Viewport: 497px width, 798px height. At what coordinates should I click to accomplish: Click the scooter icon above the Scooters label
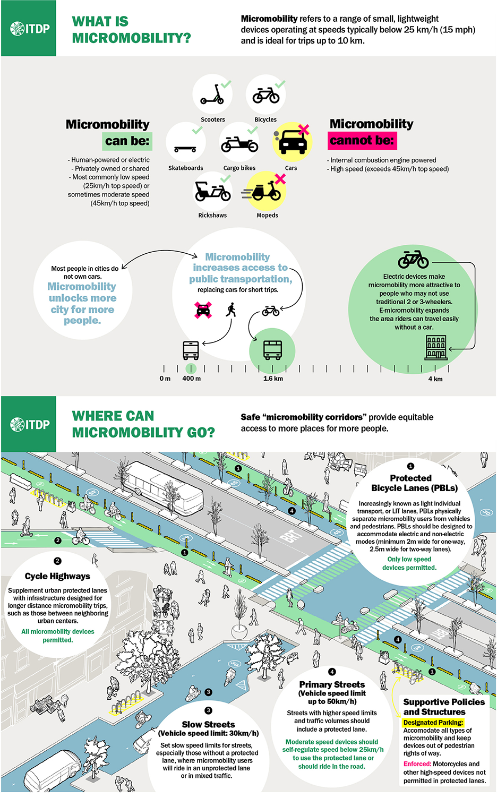pyautogui.click(x=212, y=95)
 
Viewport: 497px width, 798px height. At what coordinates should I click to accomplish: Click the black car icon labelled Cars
pyautogui.click(x=293, y=142)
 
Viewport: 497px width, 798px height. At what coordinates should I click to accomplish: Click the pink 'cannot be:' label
pyautogui.click(x=362, y=140)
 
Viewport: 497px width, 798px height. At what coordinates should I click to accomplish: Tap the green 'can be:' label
pyautogui.click(x=127, y=141)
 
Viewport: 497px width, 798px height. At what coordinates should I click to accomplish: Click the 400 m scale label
pyautogui.click(x=191, y=379)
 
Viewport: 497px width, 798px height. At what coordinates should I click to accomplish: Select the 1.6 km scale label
pyautogui.click(x=273, y=379)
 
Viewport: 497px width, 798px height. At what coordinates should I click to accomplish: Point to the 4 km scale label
pyautogui.click(x=435, y=379)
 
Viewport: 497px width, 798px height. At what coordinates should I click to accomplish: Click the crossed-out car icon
pyautogui.click(x=203, y=310)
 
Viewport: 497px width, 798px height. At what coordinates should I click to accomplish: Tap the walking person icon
pyautogui.click(x=231, y=310)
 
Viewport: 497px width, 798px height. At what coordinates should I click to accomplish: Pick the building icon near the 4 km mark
pyautogui.click(x=436, y=347)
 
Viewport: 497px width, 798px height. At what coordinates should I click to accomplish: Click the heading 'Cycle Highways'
pyautogui.click(x=57, y=576)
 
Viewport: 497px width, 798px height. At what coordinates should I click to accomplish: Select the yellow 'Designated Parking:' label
pyautogui.click(x=433, y=723)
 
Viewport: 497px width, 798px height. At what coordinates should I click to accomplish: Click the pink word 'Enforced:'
pyautogui.click(x=417, y=764)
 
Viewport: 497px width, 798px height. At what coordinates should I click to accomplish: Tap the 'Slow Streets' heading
pyautogui.click(x=209, y=724)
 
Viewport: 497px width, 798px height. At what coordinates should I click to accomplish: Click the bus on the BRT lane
pyautogui.click(x=164, y=486)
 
